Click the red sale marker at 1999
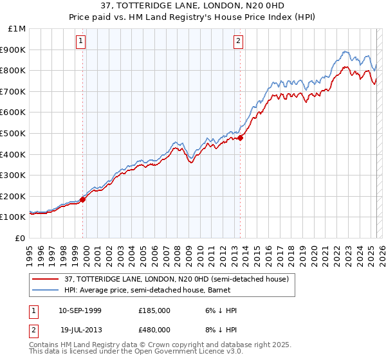83,199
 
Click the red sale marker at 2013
240,138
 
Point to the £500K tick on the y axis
15,133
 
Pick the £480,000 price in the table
154,330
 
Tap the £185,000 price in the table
154,310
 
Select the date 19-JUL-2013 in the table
80,330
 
